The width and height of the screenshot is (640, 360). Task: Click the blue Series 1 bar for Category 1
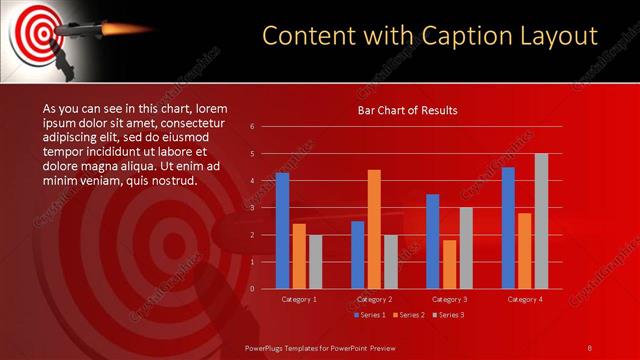click(x=282, y=231)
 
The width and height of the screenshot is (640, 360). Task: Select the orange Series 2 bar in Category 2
click(x=374, y=229)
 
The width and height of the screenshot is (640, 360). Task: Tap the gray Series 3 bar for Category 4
click(x=541, y=221)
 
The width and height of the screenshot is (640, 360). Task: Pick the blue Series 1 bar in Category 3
click(x=432, y=241)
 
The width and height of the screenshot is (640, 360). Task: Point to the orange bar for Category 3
click(x=449, y=264)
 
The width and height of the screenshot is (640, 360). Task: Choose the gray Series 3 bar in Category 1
click(x=315, y=262)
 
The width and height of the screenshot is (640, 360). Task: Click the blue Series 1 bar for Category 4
click(x=508, y=228)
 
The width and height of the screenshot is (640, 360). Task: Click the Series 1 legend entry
click(x=369, y=315)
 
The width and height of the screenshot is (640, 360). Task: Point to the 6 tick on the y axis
click(x=252, y=127)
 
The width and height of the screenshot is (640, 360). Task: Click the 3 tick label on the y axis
click(x=252, y=208)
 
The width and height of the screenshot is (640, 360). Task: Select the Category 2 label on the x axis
click(x=374, y=298)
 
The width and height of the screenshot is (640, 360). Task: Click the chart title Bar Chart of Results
click(x=407, y=111)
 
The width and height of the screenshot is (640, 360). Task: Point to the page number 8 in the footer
click(x=590, y=347)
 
